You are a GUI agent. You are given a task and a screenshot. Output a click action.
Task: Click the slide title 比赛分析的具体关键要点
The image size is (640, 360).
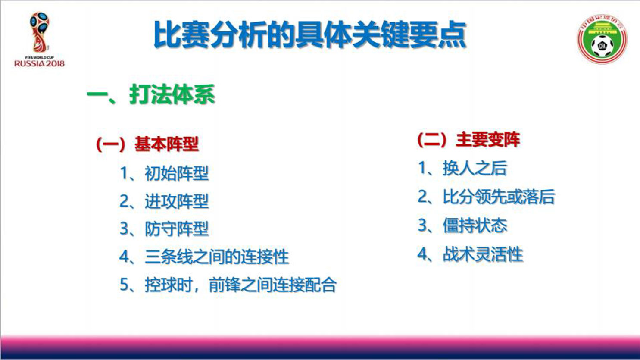pyautogui.click(x=310, y=35)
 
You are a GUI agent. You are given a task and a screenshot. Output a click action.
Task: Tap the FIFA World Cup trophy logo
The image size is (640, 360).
pyautogui.click(x=40, y=34)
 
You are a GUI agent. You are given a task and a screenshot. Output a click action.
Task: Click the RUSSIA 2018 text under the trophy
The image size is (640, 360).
pyautogui.click(x=39, y=63)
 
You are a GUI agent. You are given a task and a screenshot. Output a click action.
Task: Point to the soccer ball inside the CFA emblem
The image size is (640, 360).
pyautogui.click(x=602, y=46)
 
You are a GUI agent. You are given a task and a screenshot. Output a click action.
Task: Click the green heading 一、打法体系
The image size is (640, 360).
pyautogui.click(x=151, y=94)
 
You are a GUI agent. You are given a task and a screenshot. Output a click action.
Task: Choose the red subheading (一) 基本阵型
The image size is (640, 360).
pyautogui.click(x=147, y=144)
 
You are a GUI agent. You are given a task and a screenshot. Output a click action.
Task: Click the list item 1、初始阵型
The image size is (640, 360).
pyautogui.click(x=164, y=173)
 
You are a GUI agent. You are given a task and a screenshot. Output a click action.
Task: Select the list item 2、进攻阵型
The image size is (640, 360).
pyautogui.click(x=164, y=201)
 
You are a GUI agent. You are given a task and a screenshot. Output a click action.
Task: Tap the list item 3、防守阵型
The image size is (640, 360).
pyautogui.click(x=164, y=229)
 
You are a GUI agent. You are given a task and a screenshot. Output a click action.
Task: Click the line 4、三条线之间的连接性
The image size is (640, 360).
pyautogui.click(x=204, y=257)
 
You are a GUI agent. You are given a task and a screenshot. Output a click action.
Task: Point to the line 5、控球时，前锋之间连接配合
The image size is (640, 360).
pyautogui.click(x=228, y=285)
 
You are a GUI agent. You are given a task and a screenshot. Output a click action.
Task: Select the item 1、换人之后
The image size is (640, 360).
pyautogui.click(x=462, y=168)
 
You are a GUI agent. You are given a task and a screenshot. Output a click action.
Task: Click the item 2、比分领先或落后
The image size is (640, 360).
pyautogui.click(x=486, y=197)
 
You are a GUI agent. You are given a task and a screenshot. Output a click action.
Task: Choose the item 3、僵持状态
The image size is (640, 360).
pyautogui.click(x=462, y=225)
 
